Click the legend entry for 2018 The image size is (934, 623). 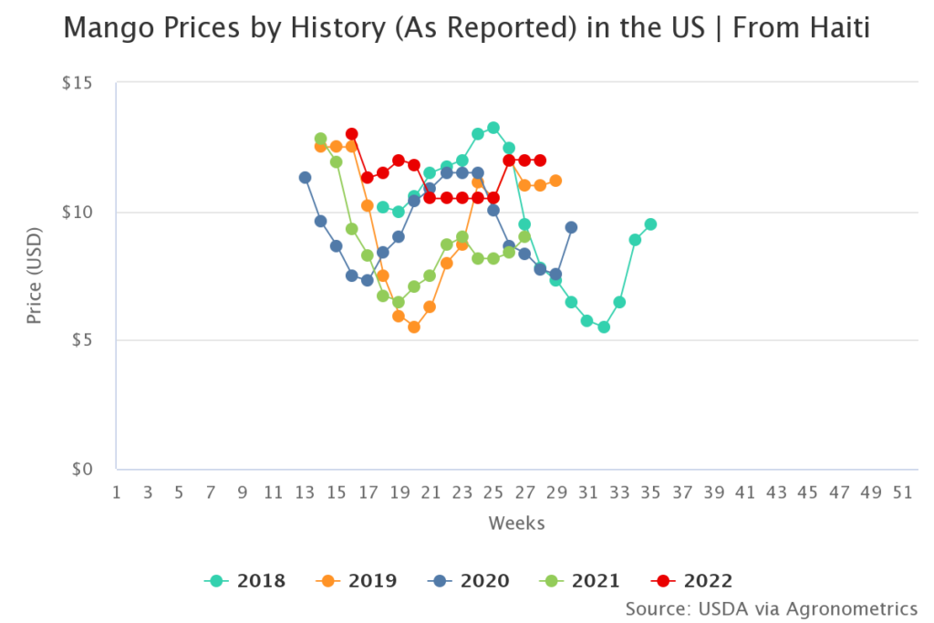(x=245, y=581)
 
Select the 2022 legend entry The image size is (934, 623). (x=692, y=581)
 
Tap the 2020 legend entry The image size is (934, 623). (x=469, y=581)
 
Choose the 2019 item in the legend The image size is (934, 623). (x=357, y=581)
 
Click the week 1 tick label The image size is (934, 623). (x=117, y=493)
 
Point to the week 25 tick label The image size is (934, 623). (x=493, y=493)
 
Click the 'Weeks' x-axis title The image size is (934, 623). (x=516, y=523)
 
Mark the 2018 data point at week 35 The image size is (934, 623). (x=650, y=224)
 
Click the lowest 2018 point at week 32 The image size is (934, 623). (x=603, y=327)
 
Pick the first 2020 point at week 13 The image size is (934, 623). (x=305, y=177)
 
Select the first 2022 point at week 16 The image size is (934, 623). (x=352, y=134)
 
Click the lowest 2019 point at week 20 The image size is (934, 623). (x=414, y=327)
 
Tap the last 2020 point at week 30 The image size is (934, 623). (x=571, y=227)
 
